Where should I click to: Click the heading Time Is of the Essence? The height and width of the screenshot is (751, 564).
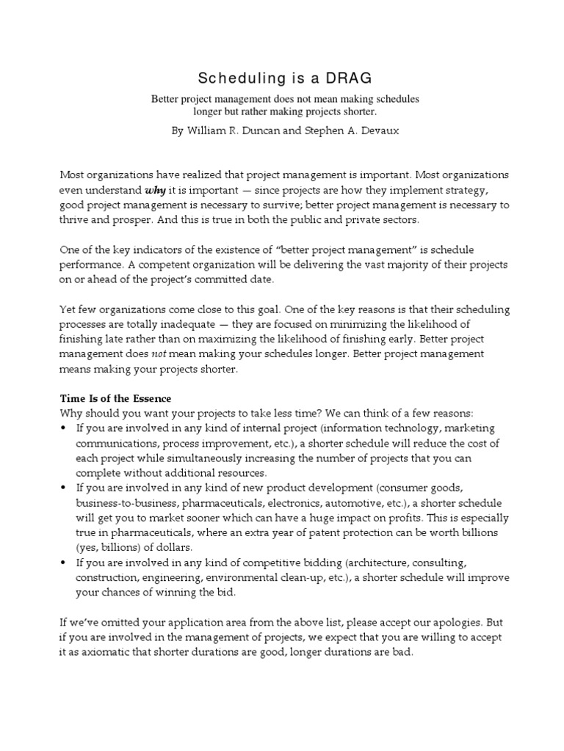tap(115, 398)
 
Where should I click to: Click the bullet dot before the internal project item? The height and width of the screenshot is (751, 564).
tap(64, 428)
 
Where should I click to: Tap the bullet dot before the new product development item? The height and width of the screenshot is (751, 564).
tap(64, 488)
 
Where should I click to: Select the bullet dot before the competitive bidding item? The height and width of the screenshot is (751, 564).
tap(64, 563)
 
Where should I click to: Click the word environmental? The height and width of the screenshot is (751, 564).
tap(220, 578)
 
